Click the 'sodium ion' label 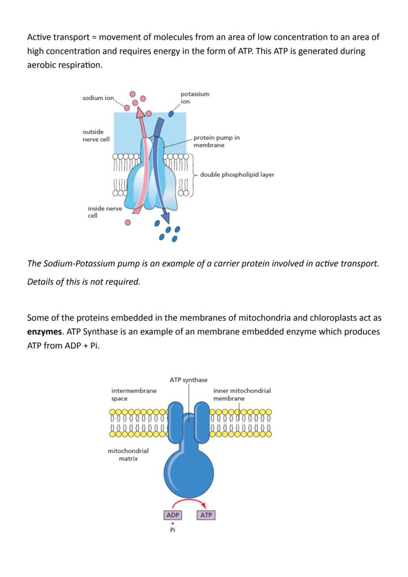(x=98, y=98)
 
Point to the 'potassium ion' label (x=194, y=98)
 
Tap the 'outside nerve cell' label (x=96, y=136)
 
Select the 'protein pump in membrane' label (x=216, y=141)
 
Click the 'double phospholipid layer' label (x=237, y=175)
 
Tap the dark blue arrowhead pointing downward (x=166, y=217)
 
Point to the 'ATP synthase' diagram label (x=188, y=380)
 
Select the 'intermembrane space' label (x=134, y=394)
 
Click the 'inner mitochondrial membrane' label (x=241, y=394)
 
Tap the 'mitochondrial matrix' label (x=128, y=454)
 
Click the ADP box (x=172, y=515)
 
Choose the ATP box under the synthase (x=206, y=515)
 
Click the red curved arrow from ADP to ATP (x=190, y=503)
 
